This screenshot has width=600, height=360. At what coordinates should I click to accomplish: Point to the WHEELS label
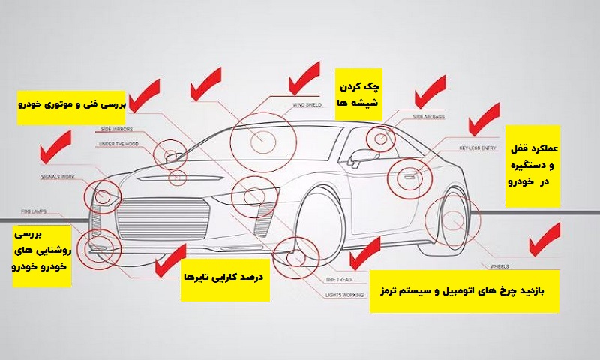point(499,266)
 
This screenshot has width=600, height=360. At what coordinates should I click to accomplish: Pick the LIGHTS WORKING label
point(345,295)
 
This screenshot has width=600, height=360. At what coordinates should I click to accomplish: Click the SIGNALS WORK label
point(58,178)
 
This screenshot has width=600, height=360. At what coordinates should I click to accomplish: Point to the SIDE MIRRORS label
point(118,129)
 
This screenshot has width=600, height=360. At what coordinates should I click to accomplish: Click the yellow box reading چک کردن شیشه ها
point(359,94)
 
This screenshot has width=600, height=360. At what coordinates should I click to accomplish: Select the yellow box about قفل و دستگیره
point(533,166)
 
